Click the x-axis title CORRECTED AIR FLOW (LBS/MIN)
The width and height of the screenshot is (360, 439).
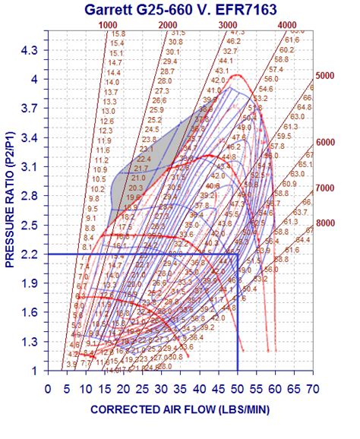179,409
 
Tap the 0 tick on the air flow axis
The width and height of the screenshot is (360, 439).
48,388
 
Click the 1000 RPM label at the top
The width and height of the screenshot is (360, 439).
109,25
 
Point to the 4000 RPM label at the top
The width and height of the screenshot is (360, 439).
287,25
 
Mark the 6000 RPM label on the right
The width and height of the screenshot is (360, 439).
325,142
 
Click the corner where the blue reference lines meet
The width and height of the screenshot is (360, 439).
238,254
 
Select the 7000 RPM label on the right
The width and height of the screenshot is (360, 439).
325,188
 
